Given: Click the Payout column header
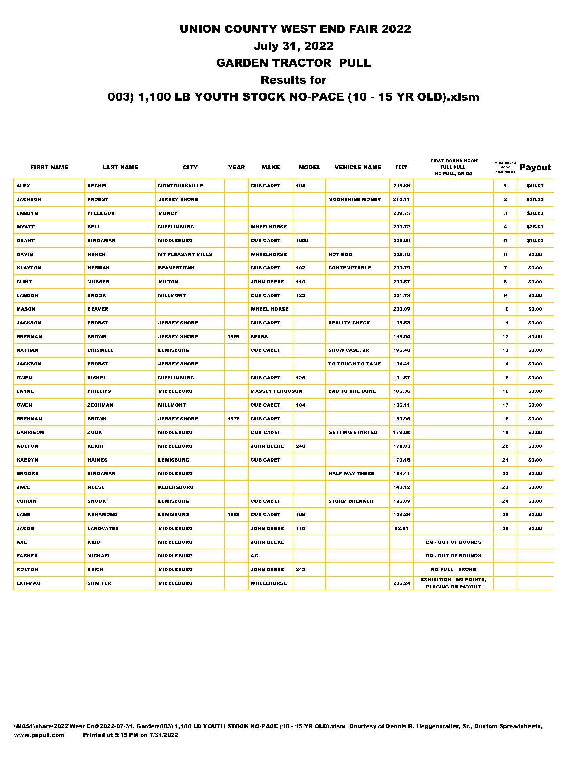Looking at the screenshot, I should click(535, 168).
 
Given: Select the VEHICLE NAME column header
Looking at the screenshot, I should click(357, 168).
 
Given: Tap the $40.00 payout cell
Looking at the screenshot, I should click(535, 186).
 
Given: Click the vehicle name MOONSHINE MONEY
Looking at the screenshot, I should click(354, 199).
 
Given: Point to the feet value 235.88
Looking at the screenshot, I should click(401, 186).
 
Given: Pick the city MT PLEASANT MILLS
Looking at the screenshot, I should click(185, 254).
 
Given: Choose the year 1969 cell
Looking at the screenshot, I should click(233, 336).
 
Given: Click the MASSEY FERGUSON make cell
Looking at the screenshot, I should click(277, 391).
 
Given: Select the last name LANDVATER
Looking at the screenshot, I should click(103, 528).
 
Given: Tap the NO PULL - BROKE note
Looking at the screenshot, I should click(453, 569).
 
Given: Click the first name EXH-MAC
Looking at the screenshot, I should click(29, 583).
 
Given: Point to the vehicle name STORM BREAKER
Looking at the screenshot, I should click(350, 501).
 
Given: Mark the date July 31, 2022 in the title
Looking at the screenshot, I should click(293, 46).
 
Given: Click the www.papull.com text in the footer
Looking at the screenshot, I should click(39, 735).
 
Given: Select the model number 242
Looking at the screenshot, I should click(300, 569).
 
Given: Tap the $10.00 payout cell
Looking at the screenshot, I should click(535, 240).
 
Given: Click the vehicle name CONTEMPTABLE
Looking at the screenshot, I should click(349, 268).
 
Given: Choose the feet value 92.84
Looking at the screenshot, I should click(401, 528).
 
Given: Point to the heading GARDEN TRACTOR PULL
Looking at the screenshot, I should click(293, 63).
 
